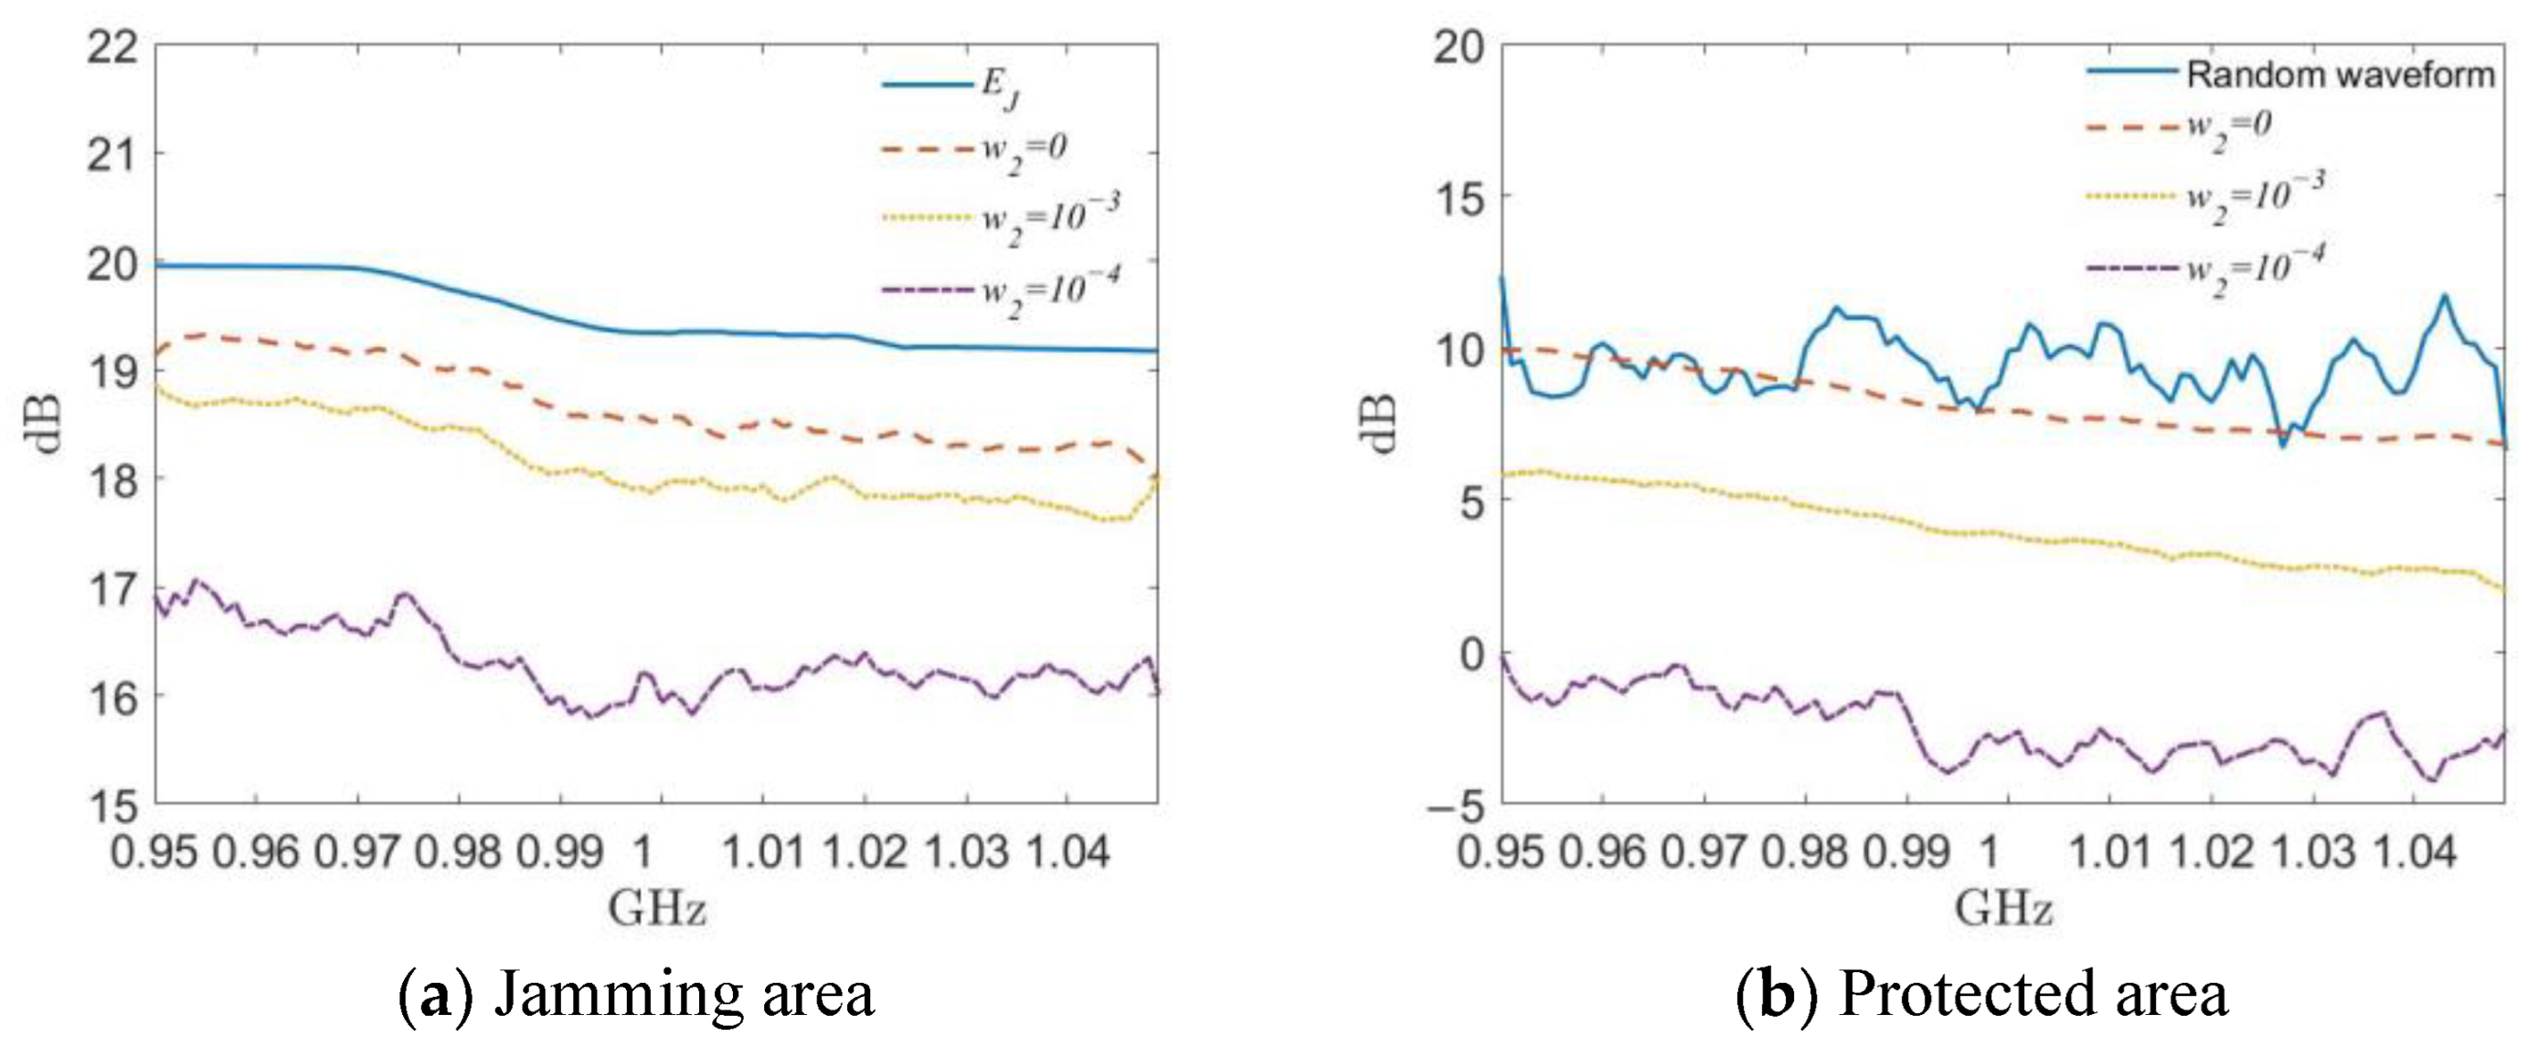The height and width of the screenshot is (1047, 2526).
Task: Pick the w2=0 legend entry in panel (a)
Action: tap(1024, 153)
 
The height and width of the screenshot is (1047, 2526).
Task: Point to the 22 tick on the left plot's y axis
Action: tap(112, 48)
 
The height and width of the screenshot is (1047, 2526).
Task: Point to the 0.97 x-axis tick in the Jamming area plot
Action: tap(357, 851)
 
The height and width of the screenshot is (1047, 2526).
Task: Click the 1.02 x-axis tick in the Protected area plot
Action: tap(2212, 851)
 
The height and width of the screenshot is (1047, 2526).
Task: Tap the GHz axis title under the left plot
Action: tap(656, 909)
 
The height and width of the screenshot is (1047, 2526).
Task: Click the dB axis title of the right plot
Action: tap(1381, 424)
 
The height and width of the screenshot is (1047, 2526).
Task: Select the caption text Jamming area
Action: tap(683, 994)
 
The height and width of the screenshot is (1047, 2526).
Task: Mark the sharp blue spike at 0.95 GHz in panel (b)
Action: tap(1502, 280)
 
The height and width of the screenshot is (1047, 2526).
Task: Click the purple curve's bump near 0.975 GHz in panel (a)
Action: tap(405, 594)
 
